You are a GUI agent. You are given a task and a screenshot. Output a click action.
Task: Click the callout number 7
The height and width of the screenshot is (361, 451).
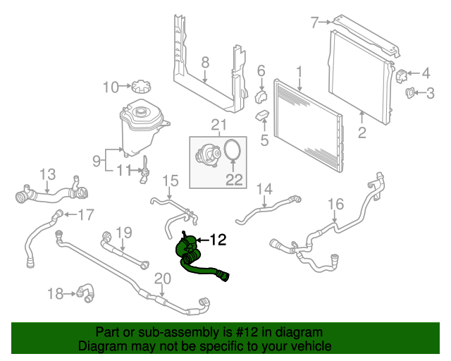point(315,23)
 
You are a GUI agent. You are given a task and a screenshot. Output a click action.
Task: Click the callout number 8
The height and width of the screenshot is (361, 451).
point(205,63)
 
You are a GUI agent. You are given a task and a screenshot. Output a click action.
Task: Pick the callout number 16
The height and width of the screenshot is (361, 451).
point(335,204)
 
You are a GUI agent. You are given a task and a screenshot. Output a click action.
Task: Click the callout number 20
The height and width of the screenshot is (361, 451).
point(162,279)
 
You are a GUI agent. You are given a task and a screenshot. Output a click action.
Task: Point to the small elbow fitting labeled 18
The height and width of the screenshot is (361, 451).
point(86,290)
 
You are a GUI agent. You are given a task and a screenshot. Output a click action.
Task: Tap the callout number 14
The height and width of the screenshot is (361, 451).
point(264,188)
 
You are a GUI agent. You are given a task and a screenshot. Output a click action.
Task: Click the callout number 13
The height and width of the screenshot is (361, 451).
point(47,173)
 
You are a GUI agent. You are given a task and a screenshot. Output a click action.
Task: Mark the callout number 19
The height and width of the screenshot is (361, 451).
point(124,232)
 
